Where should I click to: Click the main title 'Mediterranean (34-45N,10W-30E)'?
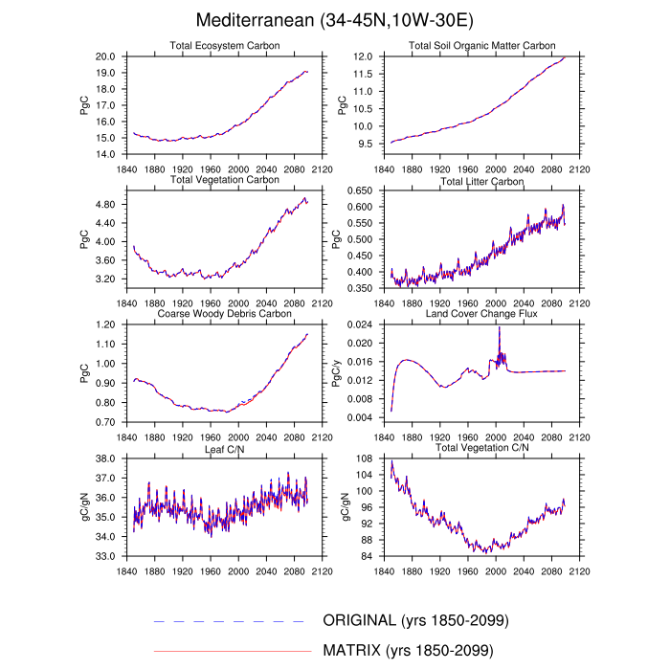pyautogui.click(x=335, y=20)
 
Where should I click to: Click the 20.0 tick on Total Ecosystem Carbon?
pyautogui.click(x=106, y=57)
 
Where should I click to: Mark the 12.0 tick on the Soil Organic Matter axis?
pyautogui.click(x=362, y=57)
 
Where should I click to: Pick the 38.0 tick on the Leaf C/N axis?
pyautogui.click(x=106, y=459)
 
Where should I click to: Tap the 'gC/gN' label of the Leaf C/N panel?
pyautogui.click(x=82, y=506)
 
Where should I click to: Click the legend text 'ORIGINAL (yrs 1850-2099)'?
pyautogui.click(x=414, y=621)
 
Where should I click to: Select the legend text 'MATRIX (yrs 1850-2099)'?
pyautogui.click(x=408, y=651)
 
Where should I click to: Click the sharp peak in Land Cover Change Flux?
pyautogui.click(x=499, y=327)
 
